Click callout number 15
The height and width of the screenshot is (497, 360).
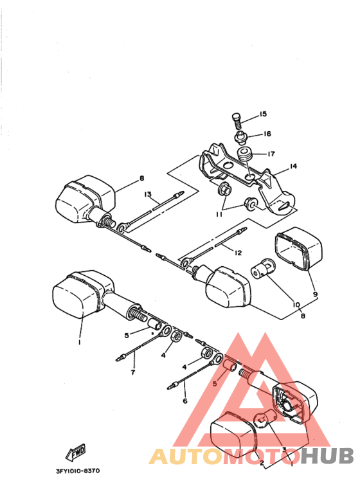[x=263, y=114]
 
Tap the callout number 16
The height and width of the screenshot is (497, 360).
[x=266, y=134]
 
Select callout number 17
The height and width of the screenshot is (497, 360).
[x=272, y=154]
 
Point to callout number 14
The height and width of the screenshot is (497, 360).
[x=293, y=167]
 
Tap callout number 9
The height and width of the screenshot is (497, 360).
[x=314, y=294]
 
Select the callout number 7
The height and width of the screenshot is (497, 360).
[x=132, y=372]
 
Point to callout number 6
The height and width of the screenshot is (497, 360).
[x=184, y=401]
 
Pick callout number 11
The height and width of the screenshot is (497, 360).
[x=219, y=214]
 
